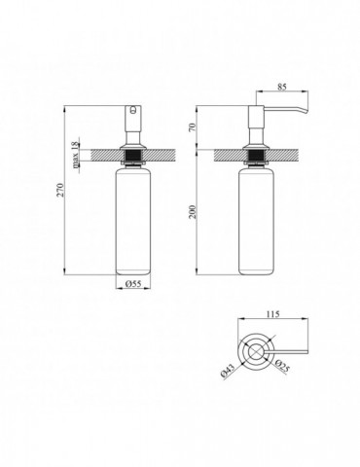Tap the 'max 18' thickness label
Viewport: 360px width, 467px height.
(75, 155)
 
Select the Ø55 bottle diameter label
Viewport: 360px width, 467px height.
(133, 284)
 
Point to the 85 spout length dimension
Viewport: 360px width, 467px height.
(282, 88)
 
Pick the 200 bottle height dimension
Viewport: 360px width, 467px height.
(194, 211)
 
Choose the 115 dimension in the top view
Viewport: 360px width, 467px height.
(272, 314)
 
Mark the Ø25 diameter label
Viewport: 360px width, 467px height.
(282, 367)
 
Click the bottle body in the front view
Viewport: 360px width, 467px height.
(133, 223)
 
